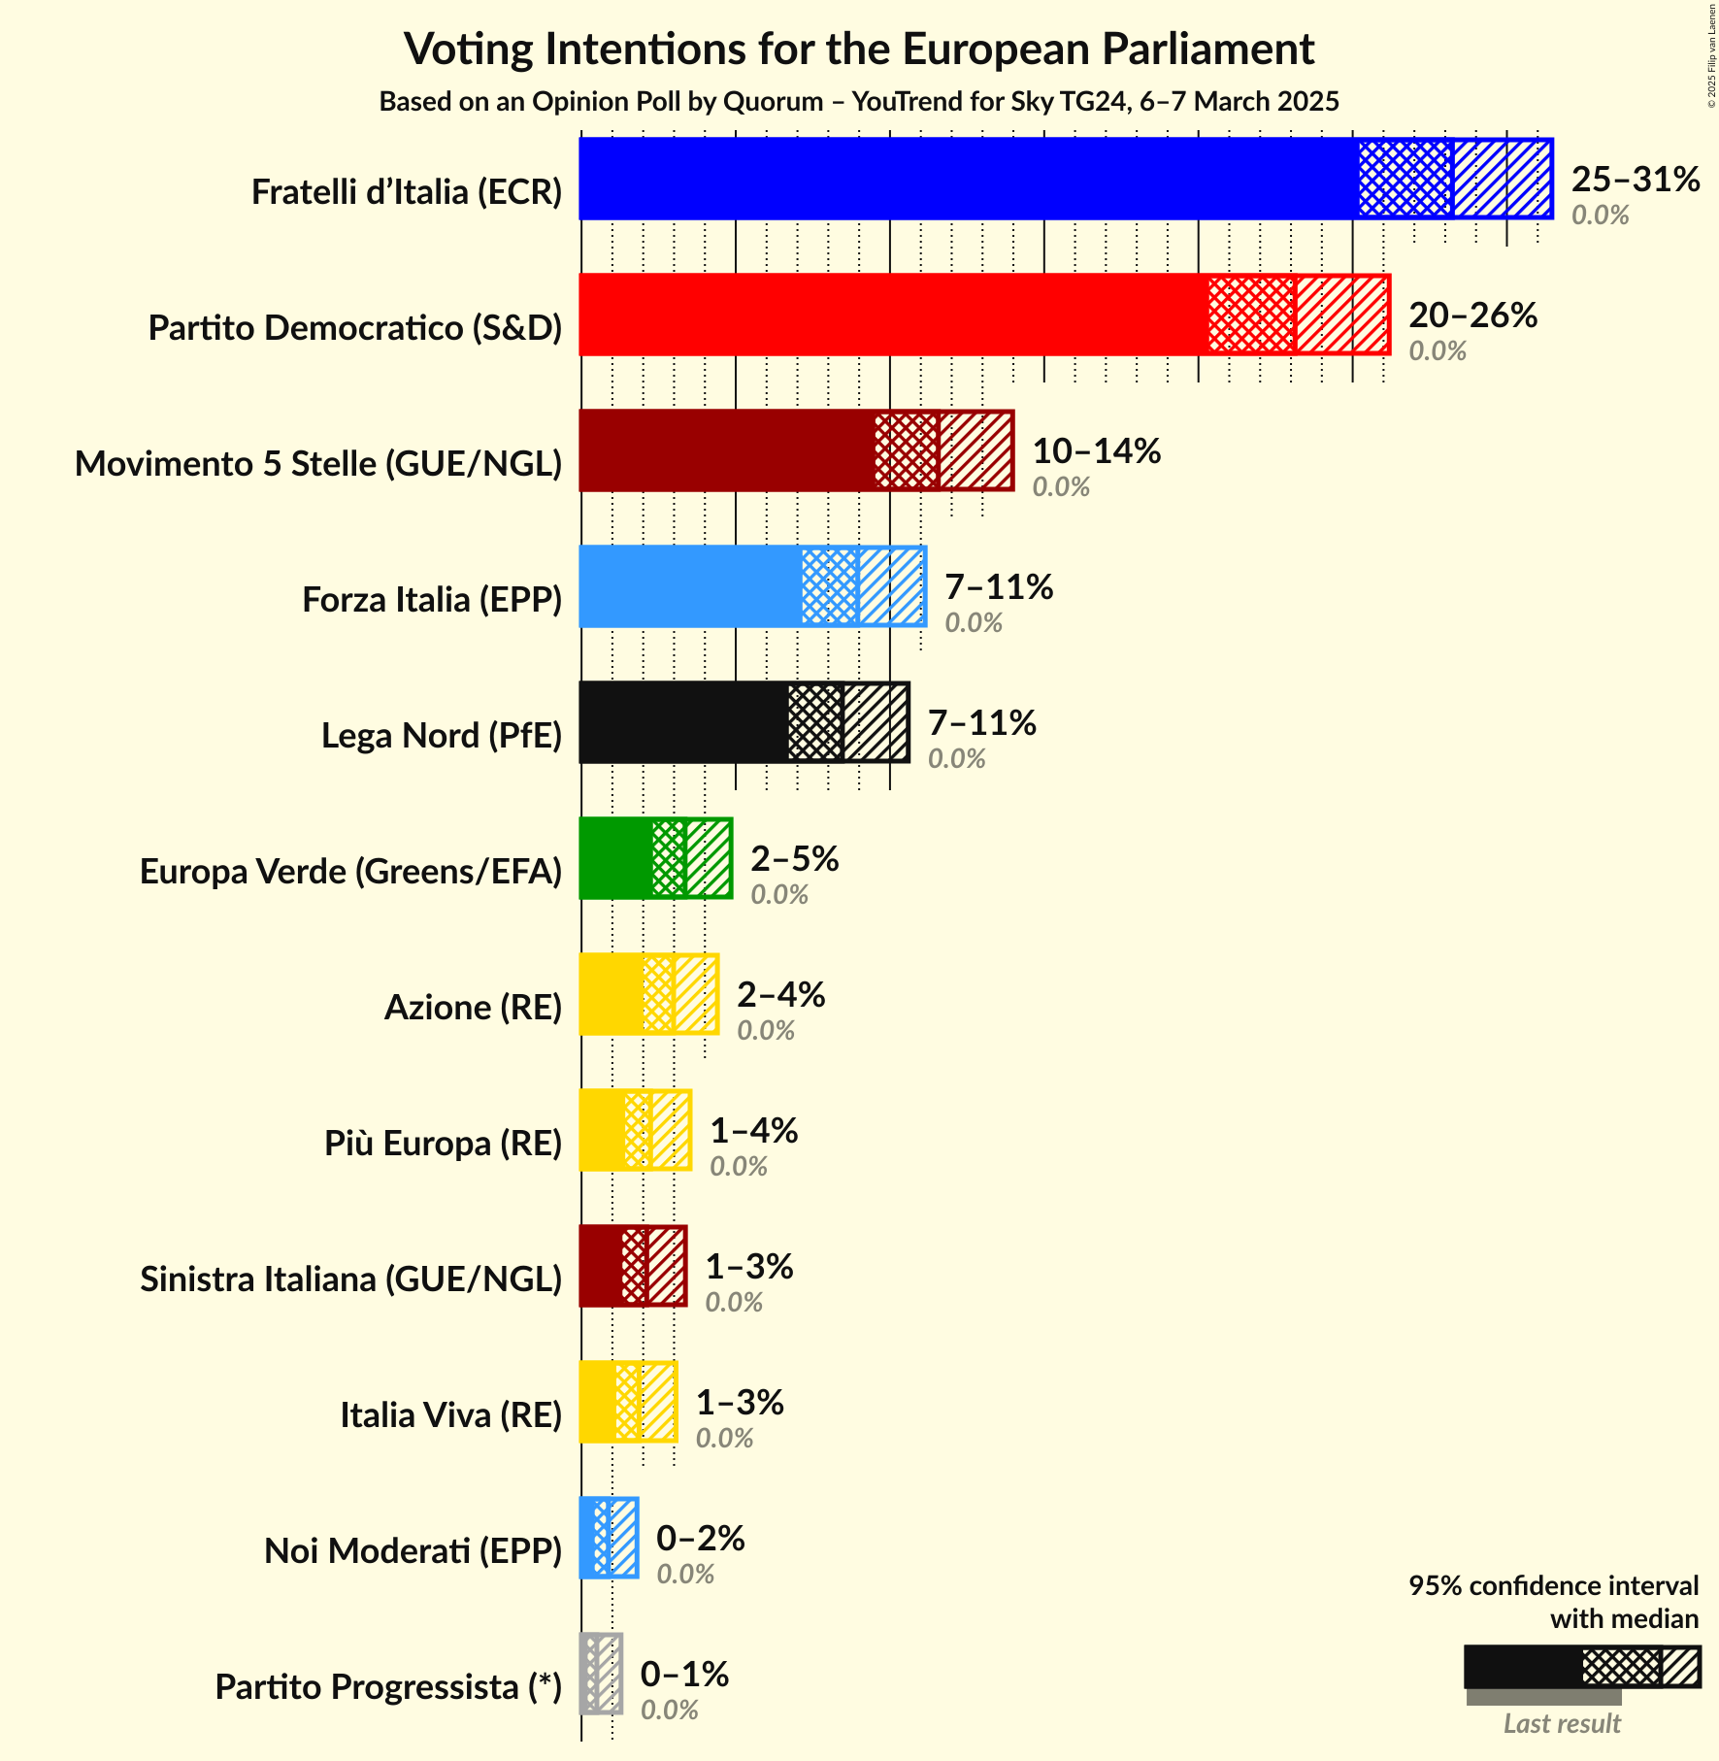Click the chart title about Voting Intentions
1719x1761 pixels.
[859, 49]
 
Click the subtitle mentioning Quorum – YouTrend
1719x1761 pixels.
[859, 102]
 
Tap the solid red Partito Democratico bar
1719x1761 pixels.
[893, 315]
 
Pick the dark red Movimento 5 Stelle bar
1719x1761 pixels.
[727, 450]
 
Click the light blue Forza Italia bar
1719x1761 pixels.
[690, 586]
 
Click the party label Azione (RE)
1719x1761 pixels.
[473, 1008]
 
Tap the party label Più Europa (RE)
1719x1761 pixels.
[443, 1144]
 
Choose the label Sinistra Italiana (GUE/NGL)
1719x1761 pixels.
[350, 1279]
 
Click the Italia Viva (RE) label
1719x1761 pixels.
[450, 1415]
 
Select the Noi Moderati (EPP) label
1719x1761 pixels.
[413, 1551]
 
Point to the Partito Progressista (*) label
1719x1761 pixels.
[388, 1687]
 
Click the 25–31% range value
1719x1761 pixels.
[1636, 180]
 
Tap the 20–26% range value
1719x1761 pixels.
[1472, 316]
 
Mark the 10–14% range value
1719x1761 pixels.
[1096, 451]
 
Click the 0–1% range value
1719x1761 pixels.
[684, 1675]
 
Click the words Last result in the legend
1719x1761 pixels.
[1562, 1724]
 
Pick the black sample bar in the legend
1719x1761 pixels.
[1522, 1667]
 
